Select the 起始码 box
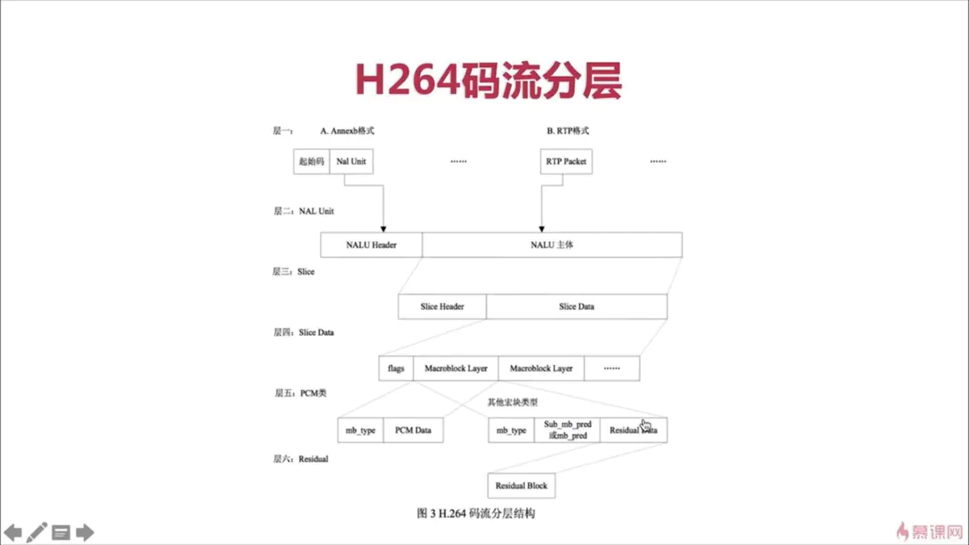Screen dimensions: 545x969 tap(311, 161)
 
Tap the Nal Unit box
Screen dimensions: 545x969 tap(351, 161)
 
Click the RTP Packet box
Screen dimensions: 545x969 tap(565, 161)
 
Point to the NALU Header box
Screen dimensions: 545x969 tap(371, 245)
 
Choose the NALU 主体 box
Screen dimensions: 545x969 tap(552, 245)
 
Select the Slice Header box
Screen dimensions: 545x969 tap(442, 307)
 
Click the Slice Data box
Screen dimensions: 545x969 tap(577, 307)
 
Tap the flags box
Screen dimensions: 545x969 tap(396, 368)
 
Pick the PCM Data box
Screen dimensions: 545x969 tap(413, 430)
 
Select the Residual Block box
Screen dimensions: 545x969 tap(522, 486)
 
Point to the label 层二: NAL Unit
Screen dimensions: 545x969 tap(304, 212)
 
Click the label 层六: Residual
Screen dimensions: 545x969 tap(300, 459)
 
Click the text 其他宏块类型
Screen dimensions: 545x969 tap(513, 401)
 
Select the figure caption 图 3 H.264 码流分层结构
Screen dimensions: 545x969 tap(476, 513)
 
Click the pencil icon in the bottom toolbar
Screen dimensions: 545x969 tap(37, 532)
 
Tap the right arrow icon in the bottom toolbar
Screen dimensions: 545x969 tap(85, 532)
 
